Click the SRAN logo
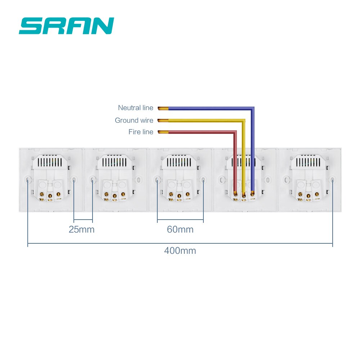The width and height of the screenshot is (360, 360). point(66,26)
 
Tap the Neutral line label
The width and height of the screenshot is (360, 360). point(135,108)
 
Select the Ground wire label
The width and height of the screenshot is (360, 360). point(134,120)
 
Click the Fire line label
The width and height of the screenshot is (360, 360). point(141,132)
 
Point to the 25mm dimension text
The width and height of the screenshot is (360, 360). point(82,229)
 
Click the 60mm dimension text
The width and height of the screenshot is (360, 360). point(180,229)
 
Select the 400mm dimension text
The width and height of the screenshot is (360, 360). point(180,251)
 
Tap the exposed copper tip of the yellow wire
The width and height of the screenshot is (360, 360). point(163,120)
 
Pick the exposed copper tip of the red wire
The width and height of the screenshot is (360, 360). point(163,132)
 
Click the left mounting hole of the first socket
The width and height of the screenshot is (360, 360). point(28,179)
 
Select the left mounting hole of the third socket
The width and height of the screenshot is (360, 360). point(157,179)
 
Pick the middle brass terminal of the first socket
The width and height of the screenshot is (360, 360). point(50,196)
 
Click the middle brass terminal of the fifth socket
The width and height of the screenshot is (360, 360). point(309,196)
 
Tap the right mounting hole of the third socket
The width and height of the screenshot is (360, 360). point(203,179)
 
